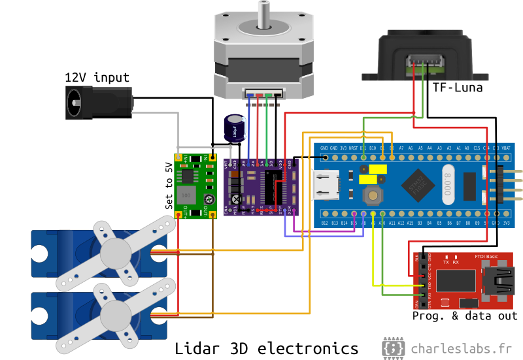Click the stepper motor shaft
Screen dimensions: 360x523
point(263,14)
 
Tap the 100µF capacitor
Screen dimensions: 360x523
point(235,129)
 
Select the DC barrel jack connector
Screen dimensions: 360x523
point(98,103)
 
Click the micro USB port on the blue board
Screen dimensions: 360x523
point(326,185)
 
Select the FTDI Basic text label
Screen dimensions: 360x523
point(486,256)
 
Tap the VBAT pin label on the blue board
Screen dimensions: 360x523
point(506,148)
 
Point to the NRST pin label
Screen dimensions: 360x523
point(354,148)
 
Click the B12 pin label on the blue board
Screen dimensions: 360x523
point(325,223)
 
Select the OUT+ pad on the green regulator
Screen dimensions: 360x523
point(178,214)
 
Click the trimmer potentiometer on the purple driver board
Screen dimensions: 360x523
point(236,199)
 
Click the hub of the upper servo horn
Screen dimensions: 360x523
point(116,253)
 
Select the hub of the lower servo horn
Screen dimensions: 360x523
point(116,315)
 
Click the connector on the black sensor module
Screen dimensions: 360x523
point(425,64)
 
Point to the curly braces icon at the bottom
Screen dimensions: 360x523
point(393,348)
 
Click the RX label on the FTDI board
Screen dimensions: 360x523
point(456,263)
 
